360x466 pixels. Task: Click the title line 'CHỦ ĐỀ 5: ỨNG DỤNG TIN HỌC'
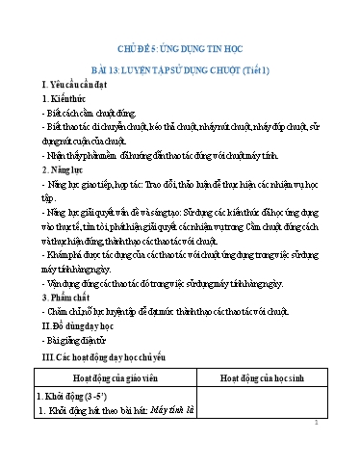coord(179,46)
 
